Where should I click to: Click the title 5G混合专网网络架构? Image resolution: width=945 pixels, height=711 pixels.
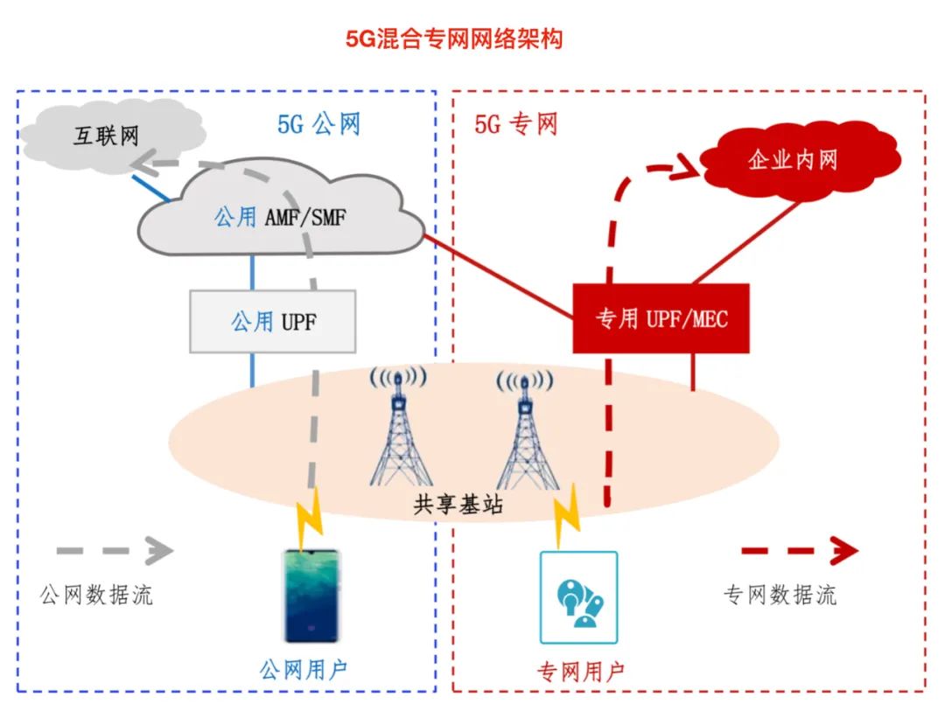(454, 39)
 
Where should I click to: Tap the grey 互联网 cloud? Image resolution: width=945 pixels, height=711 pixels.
(111, 136)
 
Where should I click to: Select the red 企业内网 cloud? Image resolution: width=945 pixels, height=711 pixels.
(799, 160)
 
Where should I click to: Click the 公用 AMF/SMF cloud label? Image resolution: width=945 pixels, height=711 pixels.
(280, 217)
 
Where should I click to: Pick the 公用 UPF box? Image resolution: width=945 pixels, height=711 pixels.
(273, 321)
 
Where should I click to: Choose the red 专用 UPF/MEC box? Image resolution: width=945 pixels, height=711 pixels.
(661, 318)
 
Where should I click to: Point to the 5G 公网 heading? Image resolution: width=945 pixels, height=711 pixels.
(318, 125)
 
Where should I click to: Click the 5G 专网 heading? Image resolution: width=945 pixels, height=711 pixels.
(516, 125)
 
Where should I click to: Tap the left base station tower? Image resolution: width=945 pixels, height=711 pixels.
(398, 427)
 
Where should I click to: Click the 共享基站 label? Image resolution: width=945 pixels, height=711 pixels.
(458, 505)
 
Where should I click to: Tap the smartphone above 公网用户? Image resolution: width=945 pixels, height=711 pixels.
(311, 596)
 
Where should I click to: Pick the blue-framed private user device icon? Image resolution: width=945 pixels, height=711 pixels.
(578, 597)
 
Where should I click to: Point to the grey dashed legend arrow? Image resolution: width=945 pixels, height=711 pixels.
(115, 550)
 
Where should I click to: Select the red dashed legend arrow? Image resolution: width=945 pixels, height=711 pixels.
(800, 550)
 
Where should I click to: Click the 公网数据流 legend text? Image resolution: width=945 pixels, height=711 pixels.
(96, 595)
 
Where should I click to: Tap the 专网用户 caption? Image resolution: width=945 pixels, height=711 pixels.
(580, 671)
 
